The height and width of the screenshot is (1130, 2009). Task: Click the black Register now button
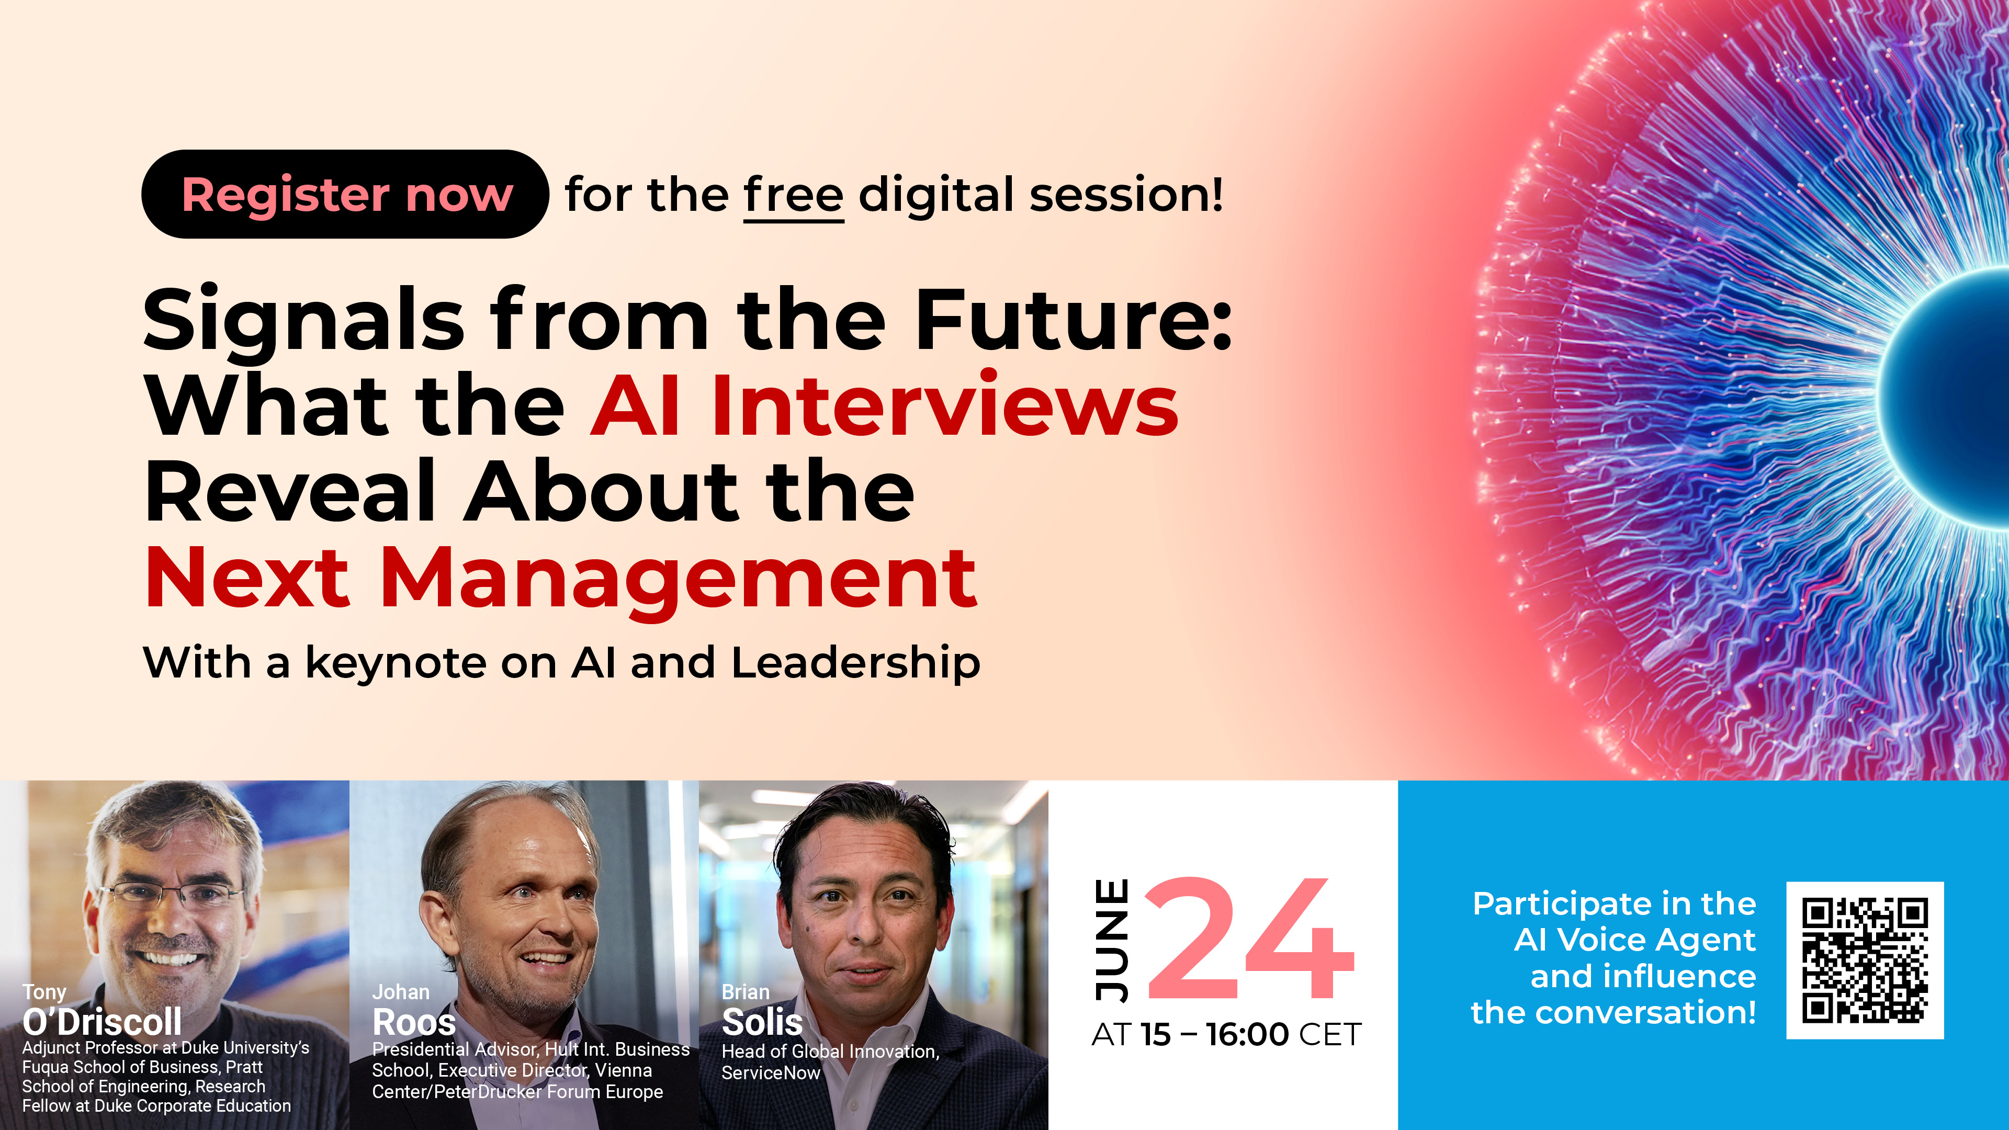[x=345, y=194]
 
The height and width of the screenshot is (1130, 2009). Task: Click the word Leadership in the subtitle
[x=855, y=664]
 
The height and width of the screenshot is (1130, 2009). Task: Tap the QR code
[x=1865, y=960]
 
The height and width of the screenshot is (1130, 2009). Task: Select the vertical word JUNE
[x=1111, y=940]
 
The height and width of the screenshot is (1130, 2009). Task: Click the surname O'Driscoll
[x=102, y=1022]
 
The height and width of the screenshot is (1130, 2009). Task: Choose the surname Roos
[x=414, y=1022]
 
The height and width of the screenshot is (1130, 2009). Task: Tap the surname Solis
[x=762, y=1022]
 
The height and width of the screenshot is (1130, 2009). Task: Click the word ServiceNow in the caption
[x=771, y=1073]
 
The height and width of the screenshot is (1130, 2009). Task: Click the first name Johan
[x=401, y=992]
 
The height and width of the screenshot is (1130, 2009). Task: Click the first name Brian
[x=746, y=992]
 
